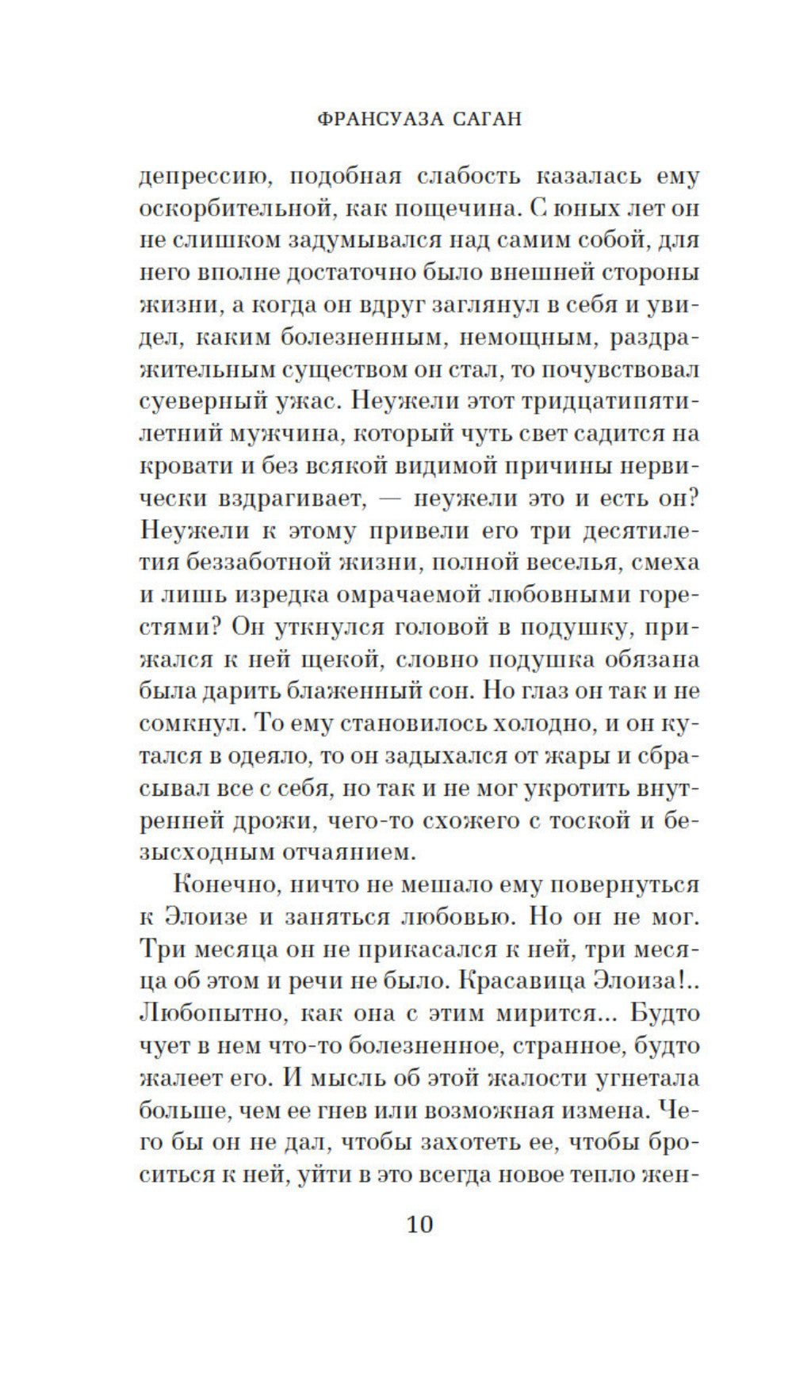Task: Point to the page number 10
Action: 419,1224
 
